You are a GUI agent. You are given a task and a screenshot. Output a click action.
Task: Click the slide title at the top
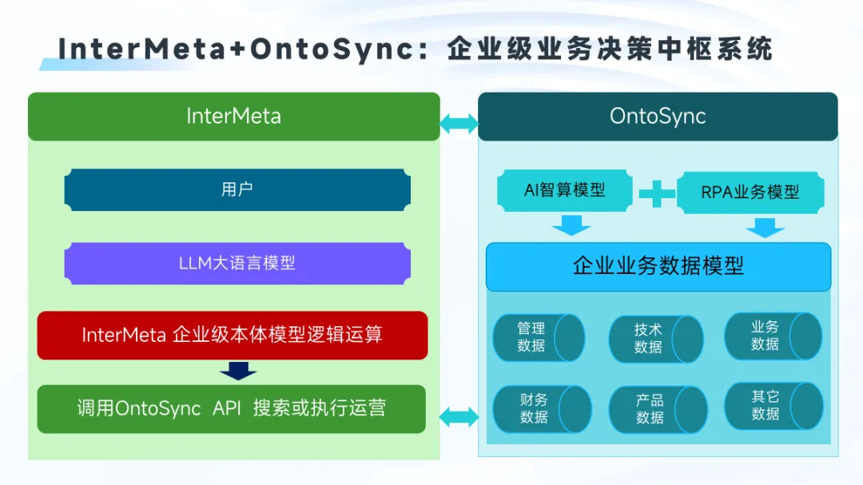point(416,49)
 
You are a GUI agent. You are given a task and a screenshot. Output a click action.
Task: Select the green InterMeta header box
point(234,117)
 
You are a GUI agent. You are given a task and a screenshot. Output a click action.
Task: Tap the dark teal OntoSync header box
point(658,117)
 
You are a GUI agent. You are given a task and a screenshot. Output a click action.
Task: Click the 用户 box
point(237,190)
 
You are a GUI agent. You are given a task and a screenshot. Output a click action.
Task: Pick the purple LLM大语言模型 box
point(237,263)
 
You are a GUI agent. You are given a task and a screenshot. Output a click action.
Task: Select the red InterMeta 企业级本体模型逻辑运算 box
point(233,335)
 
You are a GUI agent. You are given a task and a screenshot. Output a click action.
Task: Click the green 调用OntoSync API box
point(232,408)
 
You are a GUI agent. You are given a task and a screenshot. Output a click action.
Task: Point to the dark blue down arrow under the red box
point(238,371)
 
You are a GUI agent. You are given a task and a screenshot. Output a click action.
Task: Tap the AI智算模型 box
point(565,191)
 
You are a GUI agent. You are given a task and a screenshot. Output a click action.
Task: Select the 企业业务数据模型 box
point(658,266)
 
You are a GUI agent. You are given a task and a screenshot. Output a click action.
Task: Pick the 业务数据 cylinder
point(772,336)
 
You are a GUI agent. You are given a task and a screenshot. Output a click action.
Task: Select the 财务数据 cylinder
point(541,408)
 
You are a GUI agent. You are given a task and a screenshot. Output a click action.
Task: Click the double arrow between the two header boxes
point(459,124)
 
